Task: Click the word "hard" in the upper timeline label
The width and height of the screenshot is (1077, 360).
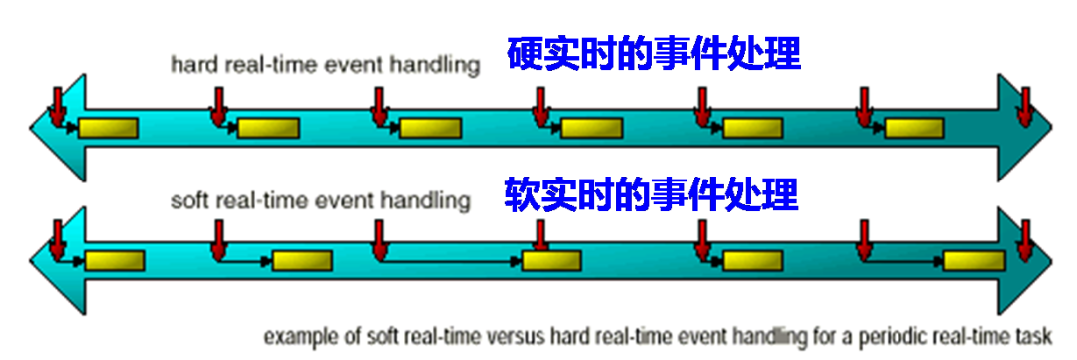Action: coord(189,66)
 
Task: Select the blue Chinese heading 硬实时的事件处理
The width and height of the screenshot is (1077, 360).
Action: coord(653,54)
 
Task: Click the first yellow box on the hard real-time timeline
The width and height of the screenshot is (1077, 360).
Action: coord(108,128)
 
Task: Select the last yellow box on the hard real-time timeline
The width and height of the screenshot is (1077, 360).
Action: coord(913,128)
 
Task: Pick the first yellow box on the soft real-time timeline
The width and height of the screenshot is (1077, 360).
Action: coord(114,261)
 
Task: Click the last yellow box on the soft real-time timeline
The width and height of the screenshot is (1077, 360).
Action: coord(974,261)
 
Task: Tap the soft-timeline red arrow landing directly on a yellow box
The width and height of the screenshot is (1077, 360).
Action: coord(540,236)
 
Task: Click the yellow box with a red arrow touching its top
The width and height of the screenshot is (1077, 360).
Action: coord(551,261)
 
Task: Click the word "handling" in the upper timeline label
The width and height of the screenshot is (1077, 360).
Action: coord(438,66)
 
